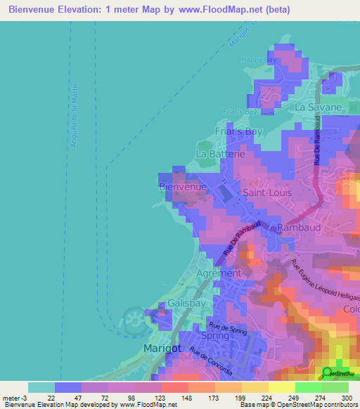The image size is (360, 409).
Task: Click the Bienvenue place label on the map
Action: [x=183, y=187]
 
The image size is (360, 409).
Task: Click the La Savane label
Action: [x=318, y=108]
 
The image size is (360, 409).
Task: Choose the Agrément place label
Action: [x=219, y=273]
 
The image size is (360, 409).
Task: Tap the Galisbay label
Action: [x=186, y=304]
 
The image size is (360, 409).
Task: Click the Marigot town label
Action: [x=162, y=349]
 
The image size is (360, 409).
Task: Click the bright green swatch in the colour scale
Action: [x=308, y=387]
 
